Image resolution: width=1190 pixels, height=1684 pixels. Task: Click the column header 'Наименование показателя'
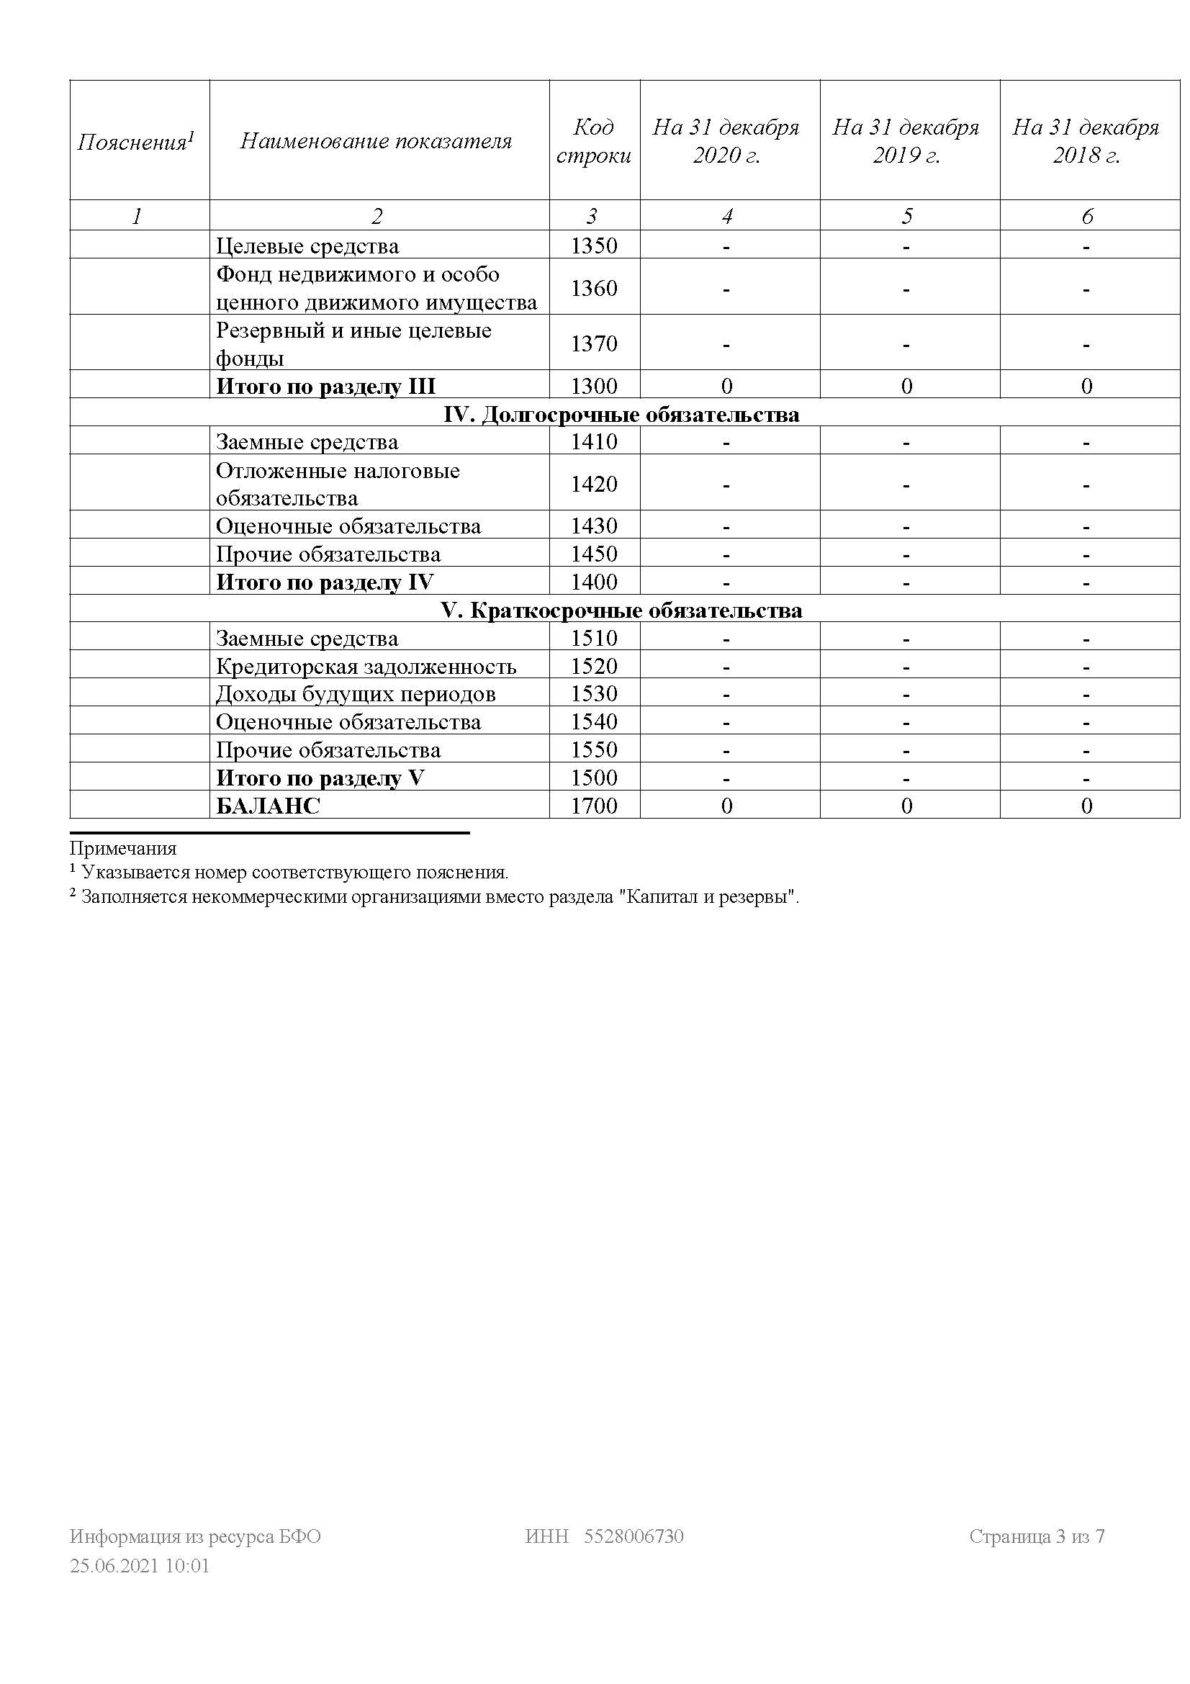pos(375,141)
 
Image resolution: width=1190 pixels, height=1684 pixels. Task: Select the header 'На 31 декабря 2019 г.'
pos(906,141)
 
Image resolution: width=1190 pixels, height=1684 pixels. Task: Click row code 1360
pos(594,288)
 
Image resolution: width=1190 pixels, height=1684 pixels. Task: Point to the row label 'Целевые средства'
pos(307,246)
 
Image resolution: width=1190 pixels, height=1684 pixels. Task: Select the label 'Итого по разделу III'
pos(325,386)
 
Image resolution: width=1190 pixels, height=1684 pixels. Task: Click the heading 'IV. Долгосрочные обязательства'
pos(621,415)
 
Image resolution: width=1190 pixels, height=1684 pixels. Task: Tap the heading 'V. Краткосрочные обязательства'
pos(621,611)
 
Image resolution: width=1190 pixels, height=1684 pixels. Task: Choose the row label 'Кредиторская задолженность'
pos(366,666)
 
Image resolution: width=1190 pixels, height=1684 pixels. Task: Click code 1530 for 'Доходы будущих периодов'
pos(594,694)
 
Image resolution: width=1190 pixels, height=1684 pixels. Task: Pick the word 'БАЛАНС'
pos(269,806)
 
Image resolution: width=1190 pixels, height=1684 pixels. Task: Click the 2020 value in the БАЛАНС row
pos(726,806)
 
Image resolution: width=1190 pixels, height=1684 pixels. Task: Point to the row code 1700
pos(594,806)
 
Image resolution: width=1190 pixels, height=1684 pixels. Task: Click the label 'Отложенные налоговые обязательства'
pos(338,484)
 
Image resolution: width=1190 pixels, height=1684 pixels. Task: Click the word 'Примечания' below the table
pos(123,849)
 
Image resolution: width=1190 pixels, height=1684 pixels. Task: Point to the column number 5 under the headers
pos(907,216)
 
